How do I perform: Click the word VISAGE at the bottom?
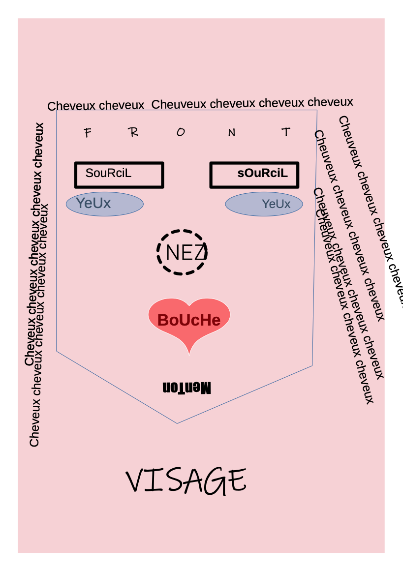(x=186, y=481)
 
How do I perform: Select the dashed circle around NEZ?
(x=182, y=252)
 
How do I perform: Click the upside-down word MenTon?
(x=186, y=388)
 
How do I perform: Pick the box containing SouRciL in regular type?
(x=119, y=175)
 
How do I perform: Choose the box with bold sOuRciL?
(x=254, y=175)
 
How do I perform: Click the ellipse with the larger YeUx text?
(x=105, y=204)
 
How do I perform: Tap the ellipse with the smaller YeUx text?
(x=264, y=204)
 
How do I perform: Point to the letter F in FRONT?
(x=88, y=133)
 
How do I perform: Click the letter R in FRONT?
(x=133, y=132)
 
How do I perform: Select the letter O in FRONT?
(x=181, y=132)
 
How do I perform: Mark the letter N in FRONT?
(x=231, y=132)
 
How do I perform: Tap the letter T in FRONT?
(x=285, y=131)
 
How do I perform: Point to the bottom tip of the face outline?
(x=177, y=423)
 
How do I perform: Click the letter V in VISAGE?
(x=137, y=481)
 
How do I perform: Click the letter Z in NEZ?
(x=199, y=253)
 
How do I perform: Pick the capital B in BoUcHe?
(x=164, y=320)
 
